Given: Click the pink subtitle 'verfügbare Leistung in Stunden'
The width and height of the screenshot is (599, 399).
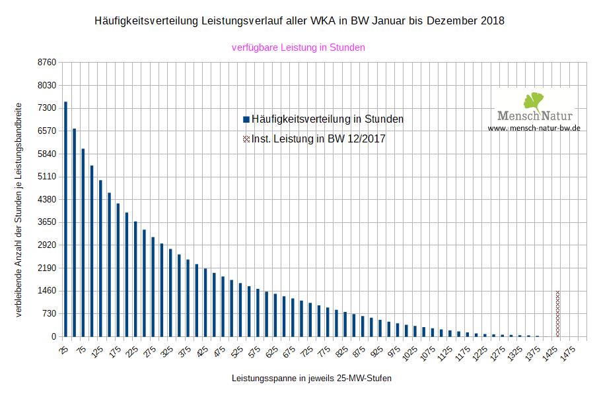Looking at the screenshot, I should tap(299, 47).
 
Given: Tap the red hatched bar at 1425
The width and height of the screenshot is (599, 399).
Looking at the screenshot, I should tap(557, 314).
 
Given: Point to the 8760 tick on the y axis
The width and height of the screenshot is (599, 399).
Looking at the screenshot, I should tap(48, 63).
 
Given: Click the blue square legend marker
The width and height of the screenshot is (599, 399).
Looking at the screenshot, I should tap(246, 119).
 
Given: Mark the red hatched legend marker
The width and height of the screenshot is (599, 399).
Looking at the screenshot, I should tap(246, 139).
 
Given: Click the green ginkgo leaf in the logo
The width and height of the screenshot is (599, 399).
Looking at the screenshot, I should tap(534, 101).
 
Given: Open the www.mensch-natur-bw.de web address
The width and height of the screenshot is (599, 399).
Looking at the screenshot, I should tap(534, 128).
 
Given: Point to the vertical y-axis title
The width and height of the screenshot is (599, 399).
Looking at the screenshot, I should tap(18, 210).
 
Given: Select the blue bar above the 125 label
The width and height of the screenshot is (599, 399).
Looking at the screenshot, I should tap(100, 258).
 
